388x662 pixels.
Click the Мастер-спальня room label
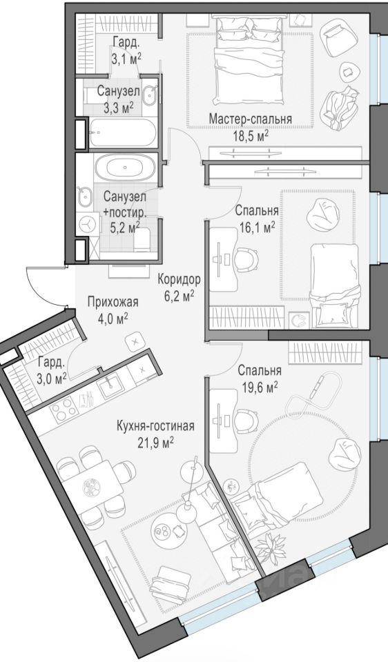click(250, 119)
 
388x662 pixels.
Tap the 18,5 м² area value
click(250, 135)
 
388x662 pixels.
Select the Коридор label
click(178, 279)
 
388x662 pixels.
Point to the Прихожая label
click(113, 302)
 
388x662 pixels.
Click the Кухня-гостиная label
click(155, 426)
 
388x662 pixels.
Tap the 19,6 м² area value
click(259, 386)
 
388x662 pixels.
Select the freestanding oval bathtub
click(125, 168)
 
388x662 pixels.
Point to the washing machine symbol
click(88, 223)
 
